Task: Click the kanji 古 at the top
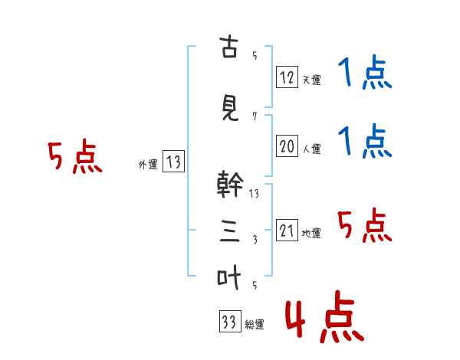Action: [228, 47]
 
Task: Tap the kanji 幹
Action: [230, 184]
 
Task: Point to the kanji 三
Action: [230, 231]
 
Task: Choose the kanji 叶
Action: [228, 277]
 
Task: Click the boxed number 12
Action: [287, 77]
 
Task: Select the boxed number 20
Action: [287, 146]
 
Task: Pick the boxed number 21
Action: [287, 230]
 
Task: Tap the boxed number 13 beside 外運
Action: [173, 161]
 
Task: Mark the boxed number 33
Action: [230, 321]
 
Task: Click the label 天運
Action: [311, 80]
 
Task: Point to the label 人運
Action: [311, 149]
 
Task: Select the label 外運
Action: [148, 165]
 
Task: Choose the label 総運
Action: [255, 324]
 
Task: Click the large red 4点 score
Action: [325, 316]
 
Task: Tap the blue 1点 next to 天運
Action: [365, 72]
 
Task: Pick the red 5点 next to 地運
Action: [365, 225]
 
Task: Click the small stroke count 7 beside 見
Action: [255, 116]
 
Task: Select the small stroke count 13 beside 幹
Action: [254, 194]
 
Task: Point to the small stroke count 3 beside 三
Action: [255, 240]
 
